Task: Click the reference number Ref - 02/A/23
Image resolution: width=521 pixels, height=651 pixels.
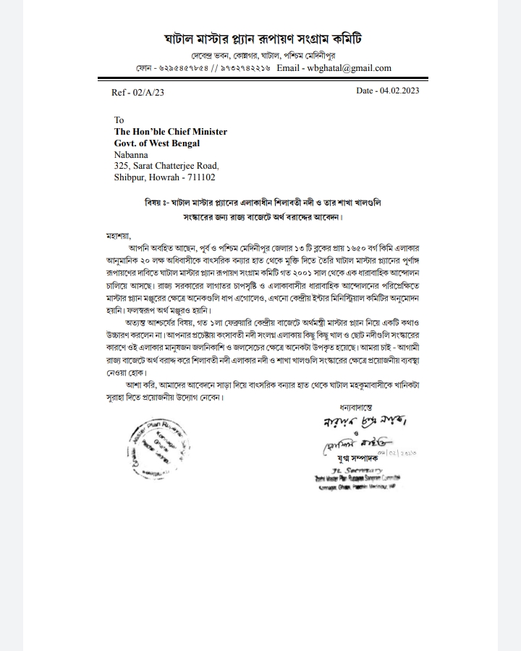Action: [138, 92]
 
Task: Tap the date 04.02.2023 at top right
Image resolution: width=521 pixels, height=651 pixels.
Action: [387, 91]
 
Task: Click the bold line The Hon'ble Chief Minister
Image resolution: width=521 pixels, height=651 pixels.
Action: [171, 132]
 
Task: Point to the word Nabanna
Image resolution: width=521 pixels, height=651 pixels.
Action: [131, 154]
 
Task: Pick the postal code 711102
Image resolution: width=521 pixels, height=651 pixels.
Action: [200, 177]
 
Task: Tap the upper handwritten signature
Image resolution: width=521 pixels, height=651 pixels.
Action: [353, 421]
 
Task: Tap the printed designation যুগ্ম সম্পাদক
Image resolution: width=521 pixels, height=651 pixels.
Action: [357, 459]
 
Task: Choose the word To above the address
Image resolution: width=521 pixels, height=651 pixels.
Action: [119, 120]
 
